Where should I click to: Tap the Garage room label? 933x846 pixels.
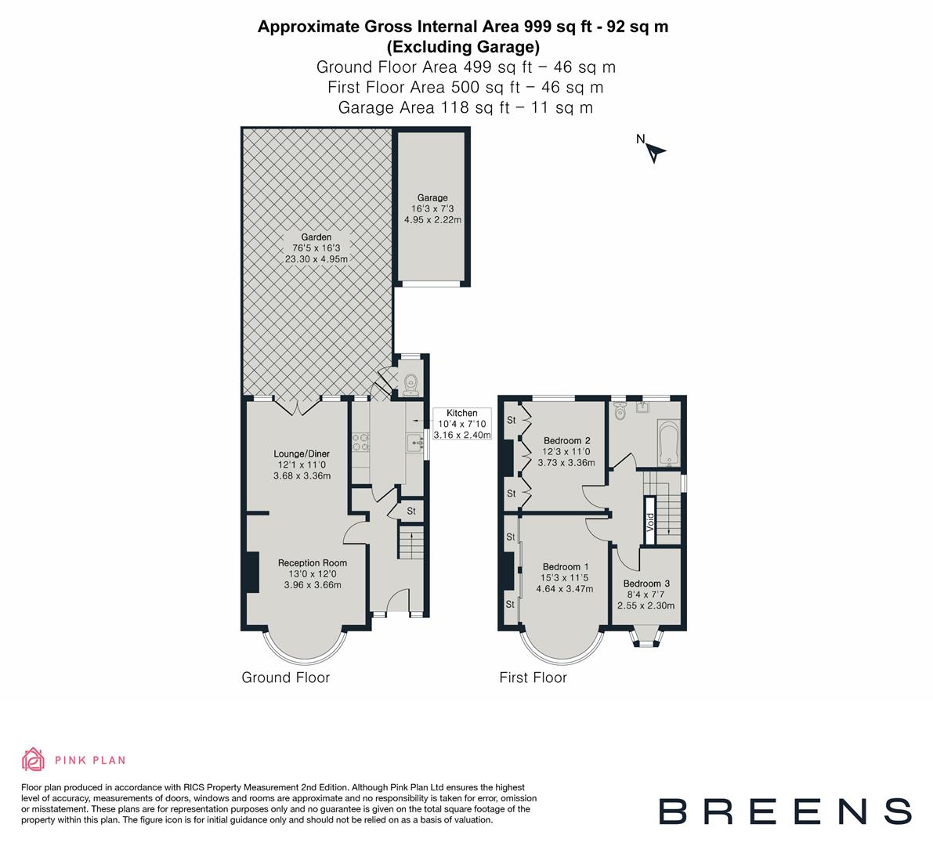click(x=432, y=198)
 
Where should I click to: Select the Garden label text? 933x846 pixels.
click(x=316, y=237)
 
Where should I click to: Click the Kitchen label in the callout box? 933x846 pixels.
click(x=461, y=414)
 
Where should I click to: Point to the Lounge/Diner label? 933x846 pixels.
click(x=302, y=454)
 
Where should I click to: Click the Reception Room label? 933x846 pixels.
click(x=313, y=562)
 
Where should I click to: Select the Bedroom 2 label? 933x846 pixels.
click(x=566, y=440)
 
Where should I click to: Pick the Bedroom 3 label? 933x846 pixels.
click(x=646, y=584)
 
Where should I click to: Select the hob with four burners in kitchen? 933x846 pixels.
click(x=361, y=443)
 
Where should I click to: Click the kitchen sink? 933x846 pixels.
click(x=414, y=444)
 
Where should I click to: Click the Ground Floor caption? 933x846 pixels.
click(x=285, y=678)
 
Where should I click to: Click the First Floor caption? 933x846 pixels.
click(x=533, y=678)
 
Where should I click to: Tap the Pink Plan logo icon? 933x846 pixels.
click(x=33, y=759)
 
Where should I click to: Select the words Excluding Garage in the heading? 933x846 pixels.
click(x=463, y=46)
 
